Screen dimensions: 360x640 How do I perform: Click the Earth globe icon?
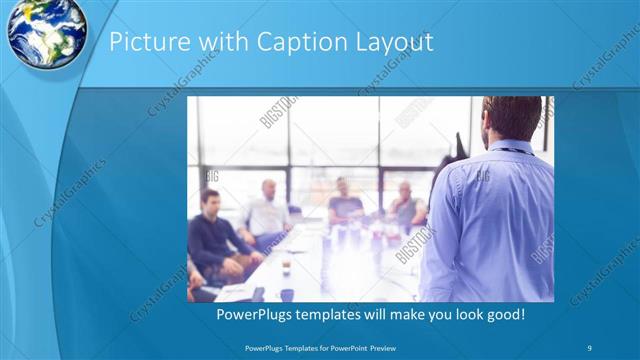[45, 31]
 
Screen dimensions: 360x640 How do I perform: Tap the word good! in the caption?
[502, 315]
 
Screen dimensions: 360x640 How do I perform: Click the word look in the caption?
[460, 315]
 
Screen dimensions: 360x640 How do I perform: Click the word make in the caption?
[410, 315]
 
